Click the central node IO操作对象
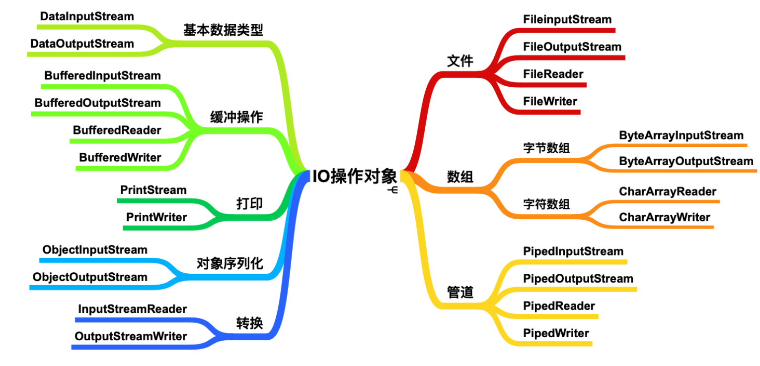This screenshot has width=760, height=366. pos(355,176)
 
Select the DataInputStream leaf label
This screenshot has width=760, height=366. pos(87,16)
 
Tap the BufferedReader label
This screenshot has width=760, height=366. pos(117,130)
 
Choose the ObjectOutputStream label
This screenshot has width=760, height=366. pos(90,277)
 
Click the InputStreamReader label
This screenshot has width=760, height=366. pos(132,309)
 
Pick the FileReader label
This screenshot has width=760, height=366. pos(553,74)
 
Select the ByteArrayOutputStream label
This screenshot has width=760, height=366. pos(686,161)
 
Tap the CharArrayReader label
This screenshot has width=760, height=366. pos(668,191)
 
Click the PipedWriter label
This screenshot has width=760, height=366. pos(556,333)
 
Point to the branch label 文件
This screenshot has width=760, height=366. pos(460,61)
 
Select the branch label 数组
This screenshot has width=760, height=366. pos(460,177)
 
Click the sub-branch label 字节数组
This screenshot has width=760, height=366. pos(546,148)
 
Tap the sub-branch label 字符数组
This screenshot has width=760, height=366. pos(546,204)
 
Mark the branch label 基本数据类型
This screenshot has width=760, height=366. pos(223,30)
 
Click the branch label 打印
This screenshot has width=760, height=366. pos(249,204)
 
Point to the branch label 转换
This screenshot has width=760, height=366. pos(249,323)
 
